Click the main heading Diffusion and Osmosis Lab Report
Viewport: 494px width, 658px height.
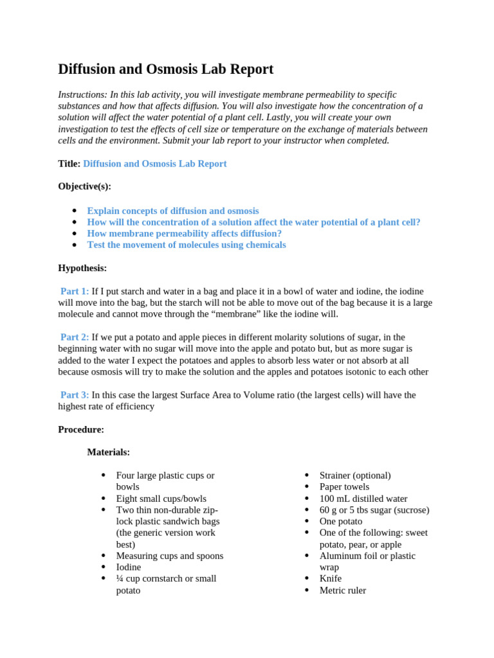[165, 69]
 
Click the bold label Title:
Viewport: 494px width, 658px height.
[69, 164]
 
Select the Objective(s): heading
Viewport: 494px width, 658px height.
[84, 186]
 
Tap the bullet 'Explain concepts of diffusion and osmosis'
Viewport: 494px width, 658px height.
[173, 211]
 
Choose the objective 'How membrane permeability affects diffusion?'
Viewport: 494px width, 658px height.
[184, 234]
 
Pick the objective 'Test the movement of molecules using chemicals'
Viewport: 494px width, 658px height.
[187, 245]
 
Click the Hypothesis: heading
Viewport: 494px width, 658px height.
[82, 268]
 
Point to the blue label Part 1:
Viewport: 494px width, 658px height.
[75, 291]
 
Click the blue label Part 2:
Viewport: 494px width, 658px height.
[75, 337]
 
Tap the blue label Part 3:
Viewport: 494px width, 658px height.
[75, 395]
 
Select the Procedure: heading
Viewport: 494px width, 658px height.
[81, 429]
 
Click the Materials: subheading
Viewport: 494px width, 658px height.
[108, 452]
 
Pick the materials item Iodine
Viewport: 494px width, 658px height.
[129, 567]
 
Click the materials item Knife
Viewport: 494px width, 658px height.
[331, 578]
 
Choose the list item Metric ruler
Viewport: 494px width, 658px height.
[343, 590]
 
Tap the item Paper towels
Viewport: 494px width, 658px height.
[344, 487]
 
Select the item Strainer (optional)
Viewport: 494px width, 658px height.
[355, 476]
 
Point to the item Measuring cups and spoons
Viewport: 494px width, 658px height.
[170, 556]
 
